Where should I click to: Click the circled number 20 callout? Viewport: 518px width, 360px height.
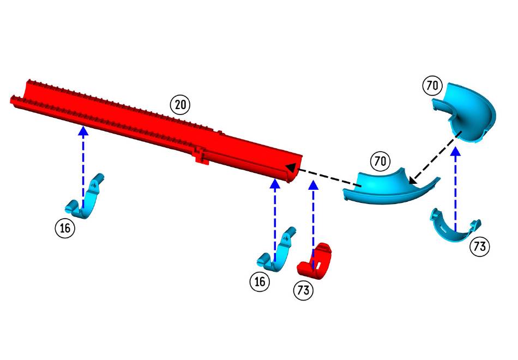tap(180, 104)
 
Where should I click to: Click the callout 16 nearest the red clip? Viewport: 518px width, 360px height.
tap(260, 281)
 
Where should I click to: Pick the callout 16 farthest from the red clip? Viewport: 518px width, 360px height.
tap(65, 228)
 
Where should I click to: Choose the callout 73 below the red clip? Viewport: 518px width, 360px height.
tap(304, 290)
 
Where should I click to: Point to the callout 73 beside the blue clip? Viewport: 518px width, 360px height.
tap(479, 247)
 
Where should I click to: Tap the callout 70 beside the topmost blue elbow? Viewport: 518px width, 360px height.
tap(431, 86)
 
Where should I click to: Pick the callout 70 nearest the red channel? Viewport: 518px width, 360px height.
tap(380, 161)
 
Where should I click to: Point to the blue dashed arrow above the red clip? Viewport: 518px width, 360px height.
tap(313, 218)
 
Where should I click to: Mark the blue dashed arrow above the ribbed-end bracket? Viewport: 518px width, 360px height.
tap(83, 164)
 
